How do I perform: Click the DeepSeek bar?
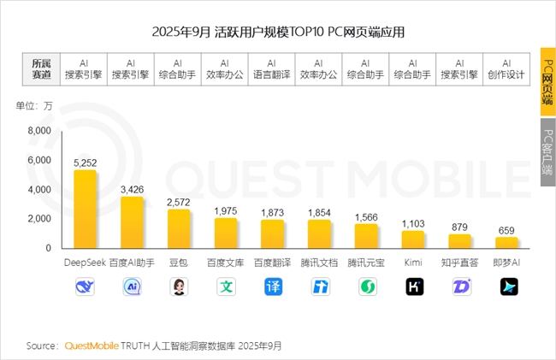pyautogui.click(x=85, y=209)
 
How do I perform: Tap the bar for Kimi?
pyautogui.click(x=413, y=239)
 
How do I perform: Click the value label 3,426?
pyautogui.click(x=132, y=188)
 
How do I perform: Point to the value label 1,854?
pyautogui.click(x=319, y=211)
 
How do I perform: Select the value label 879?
pyautogui.click(x=460, y=226)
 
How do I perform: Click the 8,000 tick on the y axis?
pyautogui.click(x=39, y=131)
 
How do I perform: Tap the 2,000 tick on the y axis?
pyautogui.click(x=39, y=219)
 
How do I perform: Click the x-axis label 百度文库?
pyautogui.click(x=226, y=263)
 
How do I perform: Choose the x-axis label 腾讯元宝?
pyautogui.click(x=366, y=263)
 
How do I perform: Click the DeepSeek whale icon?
pyautogui.click(x=85, y=286)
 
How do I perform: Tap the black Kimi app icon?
pyautogui.click(x=413, y=286)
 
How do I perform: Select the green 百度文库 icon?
pyautogui.click(x=226, y=286)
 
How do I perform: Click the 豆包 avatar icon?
pyautogui.click(x=179, y=286)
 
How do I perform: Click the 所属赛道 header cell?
pyautogui.click(x=41, y=68)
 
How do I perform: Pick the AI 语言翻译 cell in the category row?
pyautogui.click(x=271, y=68)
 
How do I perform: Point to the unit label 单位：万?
pyautogui.click(x=34, y=106)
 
